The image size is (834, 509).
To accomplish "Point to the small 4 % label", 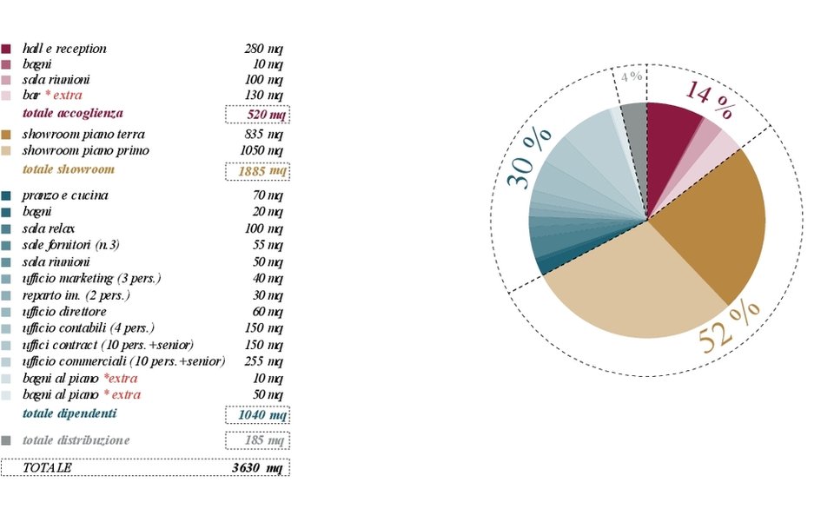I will pyautogui.click(x=631, y=76).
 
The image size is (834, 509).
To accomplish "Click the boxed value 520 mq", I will pyautogui.click(x=257, y=115).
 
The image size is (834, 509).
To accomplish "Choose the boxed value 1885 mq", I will pyautogui.click(x=257, y=171).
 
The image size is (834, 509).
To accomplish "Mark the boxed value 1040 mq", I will pyautogui.click(x=257, y=415).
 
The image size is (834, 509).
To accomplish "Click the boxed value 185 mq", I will pyautogui.click(x=257, y=440).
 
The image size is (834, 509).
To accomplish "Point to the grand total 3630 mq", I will pyautogui.click(x=257, y=468).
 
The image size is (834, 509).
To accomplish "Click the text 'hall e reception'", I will pyautogui.click(x=65, y=49).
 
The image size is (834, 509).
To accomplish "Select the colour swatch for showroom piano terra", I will pyautogui.click(x=7, y=135).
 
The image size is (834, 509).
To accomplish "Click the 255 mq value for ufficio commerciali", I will pyautogui.click(x=264, y=361).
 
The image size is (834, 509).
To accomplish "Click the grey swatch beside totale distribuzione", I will pyautogui.click(x=7, y=440).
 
